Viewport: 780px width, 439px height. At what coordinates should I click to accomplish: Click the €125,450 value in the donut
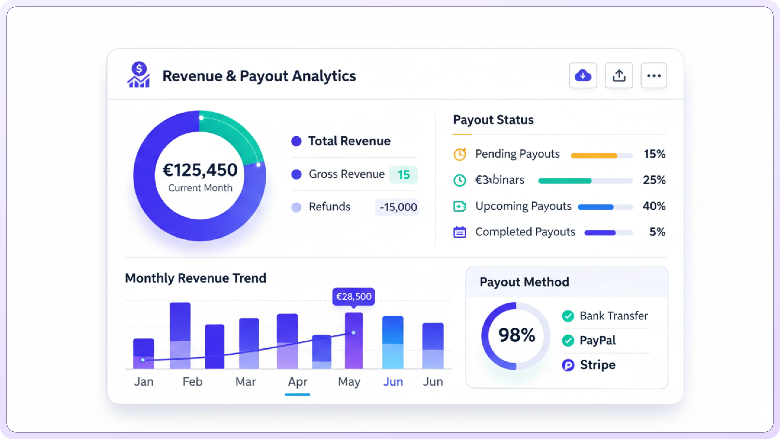pyautogui.click(x=200, y=170)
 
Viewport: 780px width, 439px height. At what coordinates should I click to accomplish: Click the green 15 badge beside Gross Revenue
pyautogui.click(x=403, y=175)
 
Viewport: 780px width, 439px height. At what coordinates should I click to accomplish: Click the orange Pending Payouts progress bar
pyautogui.click(x=594, y=156)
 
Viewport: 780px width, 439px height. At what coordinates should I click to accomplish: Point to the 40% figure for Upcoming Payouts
pyautogui.click(x=654, y=206)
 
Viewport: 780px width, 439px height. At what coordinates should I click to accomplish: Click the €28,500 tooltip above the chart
pyautogui.click(x=353, y=296)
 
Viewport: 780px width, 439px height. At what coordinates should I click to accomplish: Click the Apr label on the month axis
pyautogui.click(x=298, y=381)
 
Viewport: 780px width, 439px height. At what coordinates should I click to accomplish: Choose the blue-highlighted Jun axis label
pyautogui.click(x=393, y=381)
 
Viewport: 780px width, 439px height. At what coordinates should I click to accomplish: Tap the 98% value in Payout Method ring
pyautogui.click(x=517, y=335)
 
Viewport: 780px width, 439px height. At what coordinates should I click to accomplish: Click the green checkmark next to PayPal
pyautogui.click(x=568, y=341)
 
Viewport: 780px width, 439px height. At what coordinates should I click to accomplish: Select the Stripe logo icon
pyautogui.click(x=568, y=365)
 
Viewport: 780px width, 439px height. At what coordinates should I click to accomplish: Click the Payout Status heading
pyautogui.click(x=493, y=120)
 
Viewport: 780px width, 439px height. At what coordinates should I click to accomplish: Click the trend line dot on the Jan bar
pyautogui.click(x=143, y=360)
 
